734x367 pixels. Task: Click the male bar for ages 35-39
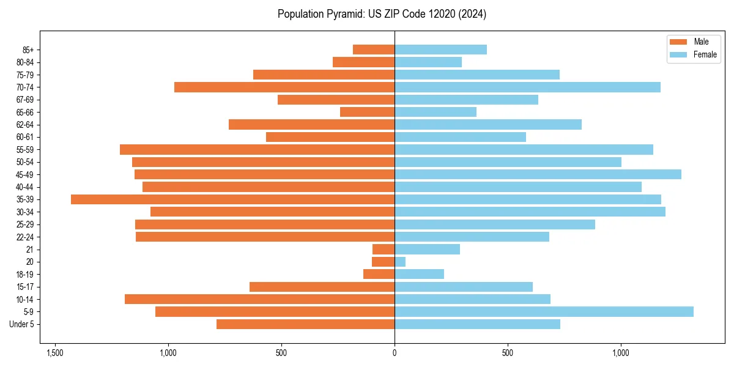(232, 199)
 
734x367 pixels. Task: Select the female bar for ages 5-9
(544, 312)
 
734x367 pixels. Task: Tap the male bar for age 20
(383, 262)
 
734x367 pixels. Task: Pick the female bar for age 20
(400, 262)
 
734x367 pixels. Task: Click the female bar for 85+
(440, 50)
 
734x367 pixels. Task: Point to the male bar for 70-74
(284, 87)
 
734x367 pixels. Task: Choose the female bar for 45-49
(538, 174)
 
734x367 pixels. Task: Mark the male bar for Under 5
(305, 324)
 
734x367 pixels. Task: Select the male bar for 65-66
(367, 112)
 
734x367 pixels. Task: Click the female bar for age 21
(427, 249)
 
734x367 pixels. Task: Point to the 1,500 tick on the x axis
(55, 353)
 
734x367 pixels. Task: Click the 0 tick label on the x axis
(395, 353)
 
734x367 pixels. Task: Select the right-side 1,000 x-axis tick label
(621, 353)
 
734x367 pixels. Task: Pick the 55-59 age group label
(25, 149)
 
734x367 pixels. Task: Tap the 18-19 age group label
(25, 274)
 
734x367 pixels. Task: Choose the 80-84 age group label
(25, 62)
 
